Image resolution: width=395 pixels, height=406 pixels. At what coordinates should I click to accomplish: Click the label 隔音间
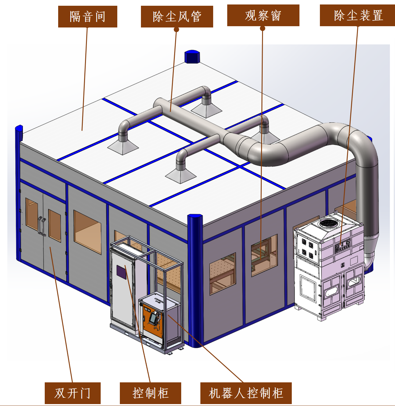click(x=88, y=17)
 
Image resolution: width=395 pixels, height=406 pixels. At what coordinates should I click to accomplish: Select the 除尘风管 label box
click(x=177, y=17)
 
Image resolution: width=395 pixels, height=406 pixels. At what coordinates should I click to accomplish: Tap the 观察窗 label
click(x=263, y=15)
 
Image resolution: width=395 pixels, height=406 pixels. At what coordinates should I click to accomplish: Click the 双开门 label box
click(x=73, y=393)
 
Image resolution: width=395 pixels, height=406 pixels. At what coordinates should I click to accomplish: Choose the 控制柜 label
click(x=150, y=393)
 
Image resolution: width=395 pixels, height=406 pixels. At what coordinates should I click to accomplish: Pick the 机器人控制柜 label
click(x=246, y=393)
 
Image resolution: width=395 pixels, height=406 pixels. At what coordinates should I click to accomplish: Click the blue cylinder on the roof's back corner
click(x=192, y=57)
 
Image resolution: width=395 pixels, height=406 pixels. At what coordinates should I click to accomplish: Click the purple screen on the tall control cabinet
click(x=121, y=272)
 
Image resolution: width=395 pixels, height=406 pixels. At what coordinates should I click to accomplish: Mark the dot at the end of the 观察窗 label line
click(x=262, y=28)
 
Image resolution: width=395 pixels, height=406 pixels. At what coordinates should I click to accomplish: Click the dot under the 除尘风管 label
click(x=176, y=30)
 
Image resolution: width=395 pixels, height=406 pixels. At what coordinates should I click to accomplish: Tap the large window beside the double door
click(x=87, y=232)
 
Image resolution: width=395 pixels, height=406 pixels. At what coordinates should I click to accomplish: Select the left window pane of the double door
click(x=32, y=214)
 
